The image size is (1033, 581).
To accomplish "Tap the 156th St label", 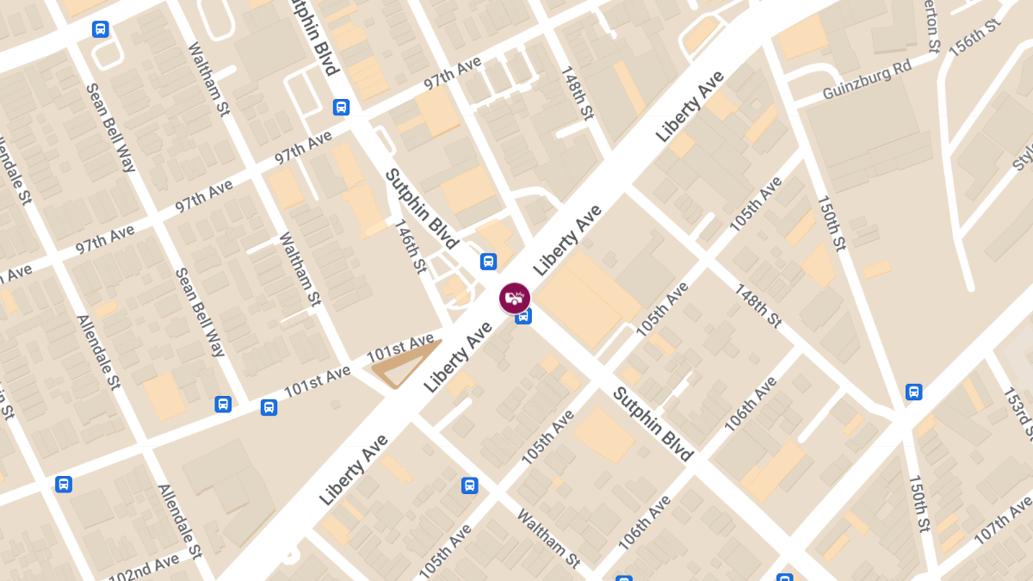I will [975, 36].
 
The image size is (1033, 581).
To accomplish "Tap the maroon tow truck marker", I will [515, 298].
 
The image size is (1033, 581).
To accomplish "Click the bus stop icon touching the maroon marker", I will [523, 317].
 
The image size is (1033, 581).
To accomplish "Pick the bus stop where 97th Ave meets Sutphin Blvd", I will [341, 108].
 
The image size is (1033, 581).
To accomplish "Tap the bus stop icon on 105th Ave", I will [469, 485].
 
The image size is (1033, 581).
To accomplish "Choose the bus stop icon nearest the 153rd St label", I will [913, 392].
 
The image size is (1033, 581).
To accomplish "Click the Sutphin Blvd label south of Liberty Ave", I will [653, 424].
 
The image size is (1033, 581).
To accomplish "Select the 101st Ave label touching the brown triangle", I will [400, 348].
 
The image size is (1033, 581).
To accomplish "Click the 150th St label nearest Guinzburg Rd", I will [832, 221].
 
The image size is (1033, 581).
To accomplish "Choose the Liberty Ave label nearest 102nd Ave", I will [353, 469].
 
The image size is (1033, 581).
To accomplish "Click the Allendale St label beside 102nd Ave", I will [179, 521].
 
